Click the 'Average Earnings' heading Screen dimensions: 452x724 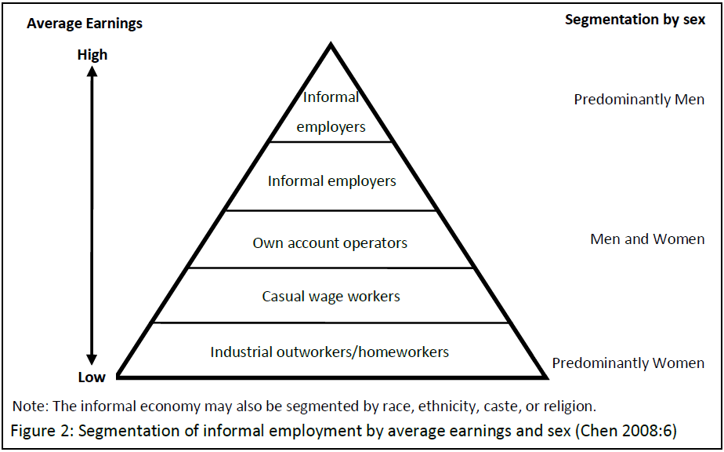[85, 24]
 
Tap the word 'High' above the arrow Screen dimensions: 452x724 [92, 55]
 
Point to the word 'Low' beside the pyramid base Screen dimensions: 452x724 [92, 377]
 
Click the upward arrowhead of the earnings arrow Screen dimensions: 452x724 [92, 71]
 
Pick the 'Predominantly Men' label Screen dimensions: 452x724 [639, 100]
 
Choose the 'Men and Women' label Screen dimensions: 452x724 [647, 239]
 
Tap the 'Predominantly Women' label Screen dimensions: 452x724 [628, 363]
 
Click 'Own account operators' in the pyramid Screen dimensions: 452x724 [330, 243]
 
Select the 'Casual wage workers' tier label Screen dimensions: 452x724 [331, 297]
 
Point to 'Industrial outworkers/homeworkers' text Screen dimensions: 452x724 [330, 352]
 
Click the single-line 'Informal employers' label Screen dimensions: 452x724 [331, 181]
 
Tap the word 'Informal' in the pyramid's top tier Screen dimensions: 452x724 [331, 97]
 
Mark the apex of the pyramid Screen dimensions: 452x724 [331, 46]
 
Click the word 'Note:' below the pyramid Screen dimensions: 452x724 [31, 406]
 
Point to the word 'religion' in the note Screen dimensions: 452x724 [570, 406]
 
